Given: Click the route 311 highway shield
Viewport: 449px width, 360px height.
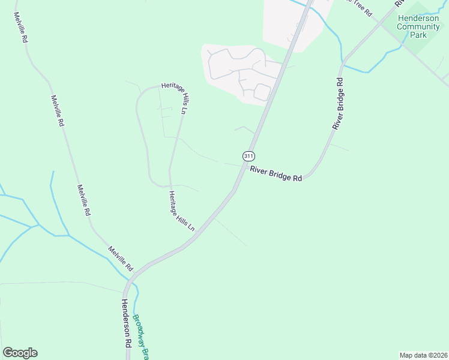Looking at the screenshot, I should [x=249, y=156].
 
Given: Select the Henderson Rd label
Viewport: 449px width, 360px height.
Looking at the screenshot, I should [x=126, y=325].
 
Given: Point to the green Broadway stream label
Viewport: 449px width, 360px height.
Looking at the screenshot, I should [x=140, y=337].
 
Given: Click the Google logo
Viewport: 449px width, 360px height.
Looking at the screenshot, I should [x=20, y=353].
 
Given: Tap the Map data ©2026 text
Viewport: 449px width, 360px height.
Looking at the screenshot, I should [x=423, y=355].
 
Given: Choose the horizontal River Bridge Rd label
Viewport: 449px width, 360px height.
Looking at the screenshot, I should [x=276, y=174].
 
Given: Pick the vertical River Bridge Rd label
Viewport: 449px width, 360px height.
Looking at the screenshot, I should [x=339, y=104].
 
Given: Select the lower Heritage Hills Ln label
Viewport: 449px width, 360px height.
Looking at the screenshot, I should [x=181, y=211].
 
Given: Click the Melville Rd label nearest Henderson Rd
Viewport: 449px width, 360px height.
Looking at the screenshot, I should [x=121, y=258].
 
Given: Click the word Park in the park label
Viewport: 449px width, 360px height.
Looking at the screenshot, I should [x=418, y=35].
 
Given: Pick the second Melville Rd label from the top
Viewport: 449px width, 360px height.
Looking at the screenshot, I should [x=57, y=111].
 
